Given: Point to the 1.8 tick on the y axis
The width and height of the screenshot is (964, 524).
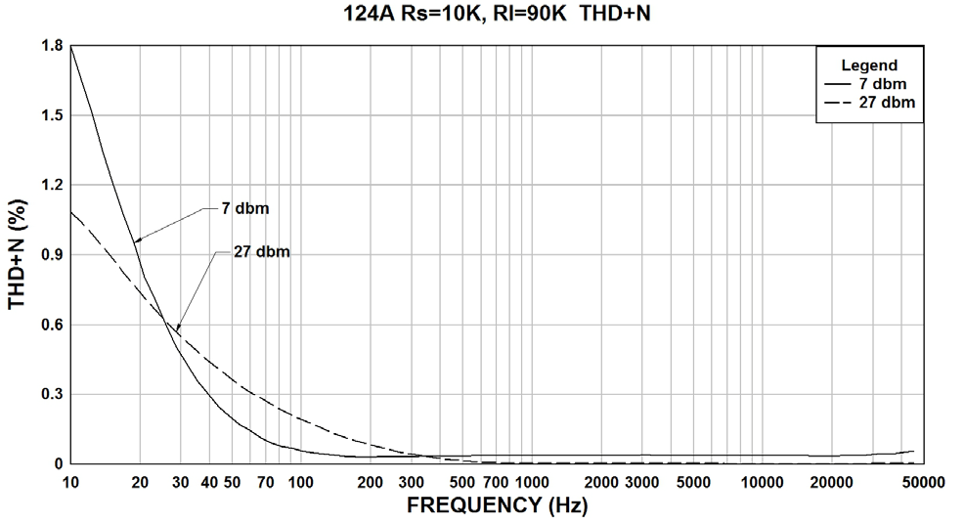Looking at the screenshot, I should point(52,46).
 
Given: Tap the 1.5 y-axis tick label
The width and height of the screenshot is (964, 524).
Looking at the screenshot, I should point(52,115).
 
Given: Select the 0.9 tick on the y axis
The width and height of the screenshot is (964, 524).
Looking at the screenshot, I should point(52,255).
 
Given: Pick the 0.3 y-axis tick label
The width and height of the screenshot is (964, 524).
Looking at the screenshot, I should point(52,394).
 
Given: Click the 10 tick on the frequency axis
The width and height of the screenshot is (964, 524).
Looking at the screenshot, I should point(70,481).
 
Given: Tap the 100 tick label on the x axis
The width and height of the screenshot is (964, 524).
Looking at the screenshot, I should point(300,481).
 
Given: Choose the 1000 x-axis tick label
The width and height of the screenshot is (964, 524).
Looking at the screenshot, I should point(531,481).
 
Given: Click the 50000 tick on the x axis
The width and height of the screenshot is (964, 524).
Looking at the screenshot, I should point(921,481).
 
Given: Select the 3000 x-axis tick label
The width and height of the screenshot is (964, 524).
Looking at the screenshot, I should point(640,481).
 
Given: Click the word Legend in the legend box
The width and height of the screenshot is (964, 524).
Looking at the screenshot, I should point(870,65).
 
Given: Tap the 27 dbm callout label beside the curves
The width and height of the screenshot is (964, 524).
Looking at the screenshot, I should point(262,251).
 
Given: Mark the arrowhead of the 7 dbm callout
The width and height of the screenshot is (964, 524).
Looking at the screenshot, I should point(137,240).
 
